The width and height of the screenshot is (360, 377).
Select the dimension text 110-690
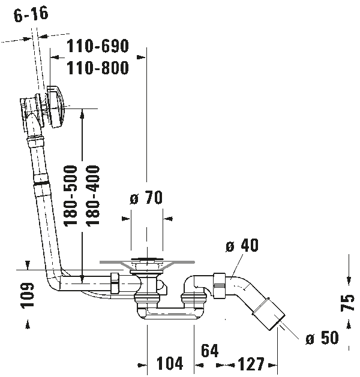coord(97,46)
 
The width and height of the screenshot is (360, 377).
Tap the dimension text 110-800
coord(97,68)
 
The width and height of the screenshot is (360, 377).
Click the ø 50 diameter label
coord(322,338)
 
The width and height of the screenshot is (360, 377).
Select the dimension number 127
coord(250,364)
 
